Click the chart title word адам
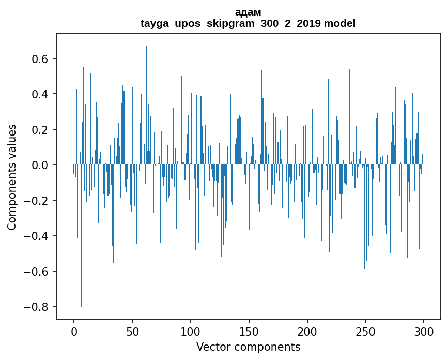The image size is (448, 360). click(x=248, y=12)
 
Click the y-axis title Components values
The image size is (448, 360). click(x=12, y=177)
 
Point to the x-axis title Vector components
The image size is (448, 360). click(x=248, y=347)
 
